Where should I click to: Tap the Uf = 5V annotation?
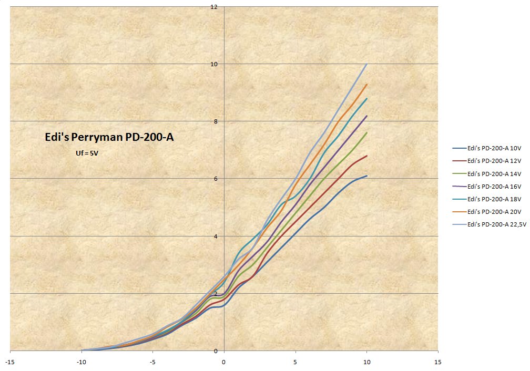[87, 153]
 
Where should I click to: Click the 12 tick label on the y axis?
[214, 7]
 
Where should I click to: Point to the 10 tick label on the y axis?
[214, 64]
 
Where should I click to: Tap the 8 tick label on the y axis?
[216, 121]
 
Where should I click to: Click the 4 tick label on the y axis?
[216, 236]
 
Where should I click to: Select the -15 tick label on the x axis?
[10, 362]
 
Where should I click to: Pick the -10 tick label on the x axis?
[81, 362]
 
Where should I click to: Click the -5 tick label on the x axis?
[152, 362]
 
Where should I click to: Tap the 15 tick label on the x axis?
[438, 362]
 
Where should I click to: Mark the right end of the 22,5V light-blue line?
[366, 64]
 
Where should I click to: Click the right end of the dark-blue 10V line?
[366, 176]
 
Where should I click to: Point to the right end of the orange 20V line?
[366, 84]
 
